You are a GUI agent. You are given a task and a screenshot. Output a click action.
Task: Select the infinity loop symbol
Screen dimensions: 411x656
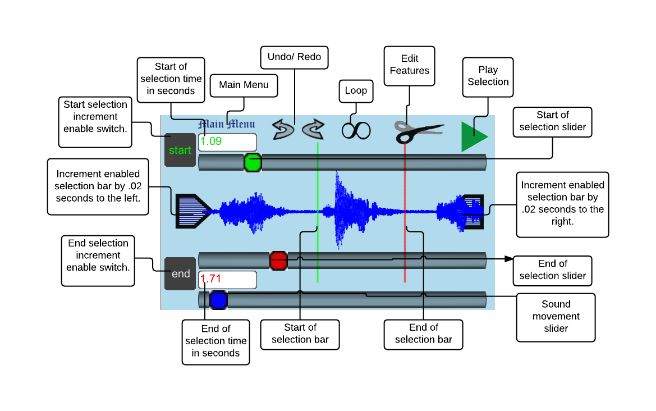point(356,130)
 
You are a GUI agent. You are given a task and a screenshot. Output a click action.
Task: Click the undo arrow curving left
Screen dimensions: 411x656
point(283,129)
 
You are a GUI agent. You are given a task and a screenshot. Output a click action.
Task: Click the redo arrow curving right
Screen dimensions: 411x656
point(313,129)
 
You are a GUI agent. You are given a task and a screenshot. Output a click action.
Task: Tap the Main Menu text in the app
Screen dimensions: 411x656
point(227,124)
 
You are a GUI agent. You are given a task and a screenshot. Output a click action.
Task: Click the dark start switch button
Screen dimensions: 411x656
point(180,150)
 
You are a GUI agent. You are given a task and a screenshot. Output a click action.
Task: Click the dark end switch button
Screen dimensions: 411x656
point(180,273)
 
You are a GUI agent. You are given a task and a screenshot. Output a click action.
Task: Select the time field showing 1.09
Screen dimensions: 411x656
point(227,142)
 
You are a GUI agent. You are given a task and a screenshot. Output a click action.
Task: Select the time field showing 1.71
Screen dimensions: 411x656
point(227,279)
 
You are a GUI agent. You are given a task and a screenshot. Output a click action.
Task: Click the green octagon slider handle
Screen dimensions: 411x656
point(253,163)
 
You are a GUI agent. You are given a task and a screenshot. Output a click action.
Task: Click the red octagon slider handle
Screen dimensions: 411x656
point(278,261)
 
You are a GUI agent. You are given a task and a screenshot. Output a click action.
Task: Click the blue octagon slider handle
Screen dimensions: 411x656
point(218,300)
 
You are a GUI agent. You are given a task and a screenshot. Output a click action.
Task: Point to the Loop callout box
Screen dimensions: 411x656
point(356,91)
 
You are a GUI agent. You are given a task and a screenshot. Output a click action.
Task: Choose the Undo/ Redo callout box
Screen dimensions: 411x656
point(294,57)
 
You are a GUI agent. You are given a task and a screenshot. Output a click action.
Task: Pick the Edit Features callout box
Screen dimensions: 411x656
point(410,65)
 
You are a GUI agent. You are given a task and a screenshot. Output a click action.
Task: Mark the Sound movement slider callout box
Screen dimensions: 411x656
point(556,317)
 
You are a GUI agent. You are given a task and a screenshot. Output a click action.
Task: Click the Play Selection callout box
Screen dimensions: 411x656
point(488,76)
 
